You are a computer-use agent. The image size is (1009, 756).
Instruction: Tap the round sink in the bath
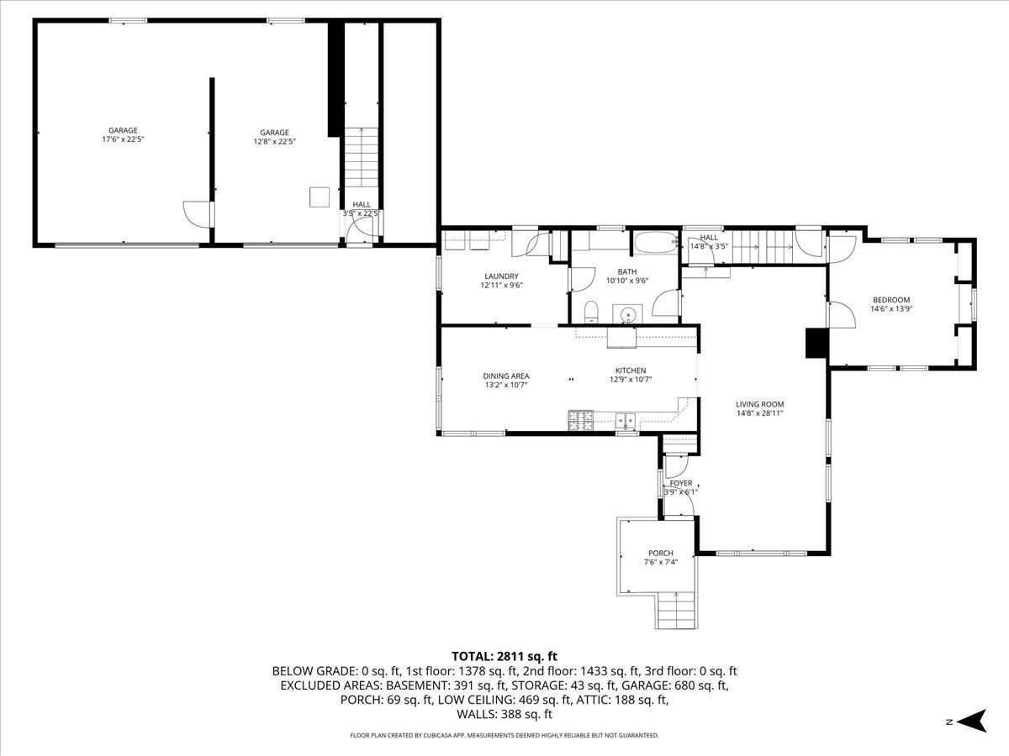coord(627,316)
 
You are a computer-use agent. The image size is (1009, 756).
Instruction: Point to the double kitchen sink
coord(624,418)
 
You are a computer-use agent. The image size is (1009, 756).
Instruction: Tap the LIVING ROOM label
coord(760,404)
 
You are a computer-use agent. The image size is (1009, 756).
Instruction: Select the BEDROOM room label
coord(891,300)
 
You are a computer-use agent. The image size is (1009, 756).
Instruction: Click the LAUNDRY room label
coord(501,276)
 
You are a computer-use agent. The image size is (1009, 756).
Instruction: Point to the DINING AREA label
coord(506,376)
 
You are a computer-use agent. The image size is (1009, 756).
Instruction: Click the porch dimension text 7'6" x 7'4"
coord(660,562)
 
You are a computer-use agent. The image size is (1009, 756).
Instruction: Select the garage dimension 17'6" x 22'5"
coord(123,139)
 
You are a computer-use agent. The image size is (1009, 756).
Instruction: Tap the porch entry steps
coord(676,610)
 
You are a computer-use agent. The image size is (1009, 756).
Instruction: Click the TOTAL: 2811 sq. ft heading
coord(504,656)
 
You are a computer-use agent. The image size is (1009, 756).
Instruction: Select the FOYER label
coord(681,483)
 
